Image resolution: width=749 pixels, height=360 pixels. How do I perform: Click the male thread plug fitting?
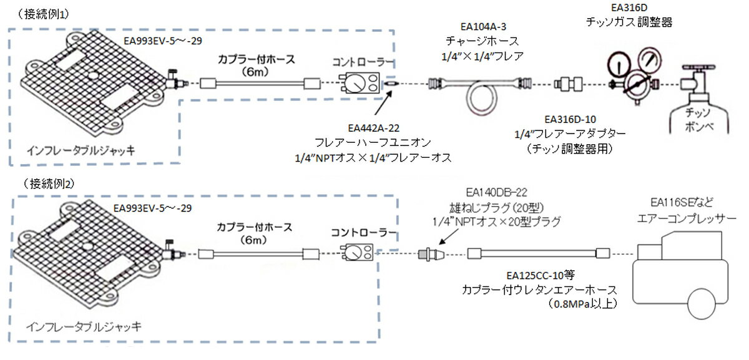(x=431, y=254)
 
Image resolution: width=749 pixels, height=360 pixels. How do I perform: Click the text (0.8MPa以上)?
(x=582, y=304)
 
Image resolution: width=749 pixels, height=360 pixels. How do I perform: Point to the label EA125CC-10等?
(x=540, y=275)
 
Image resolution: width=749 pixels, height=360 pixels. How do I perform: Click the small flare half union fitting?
(x=391, y=83)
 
